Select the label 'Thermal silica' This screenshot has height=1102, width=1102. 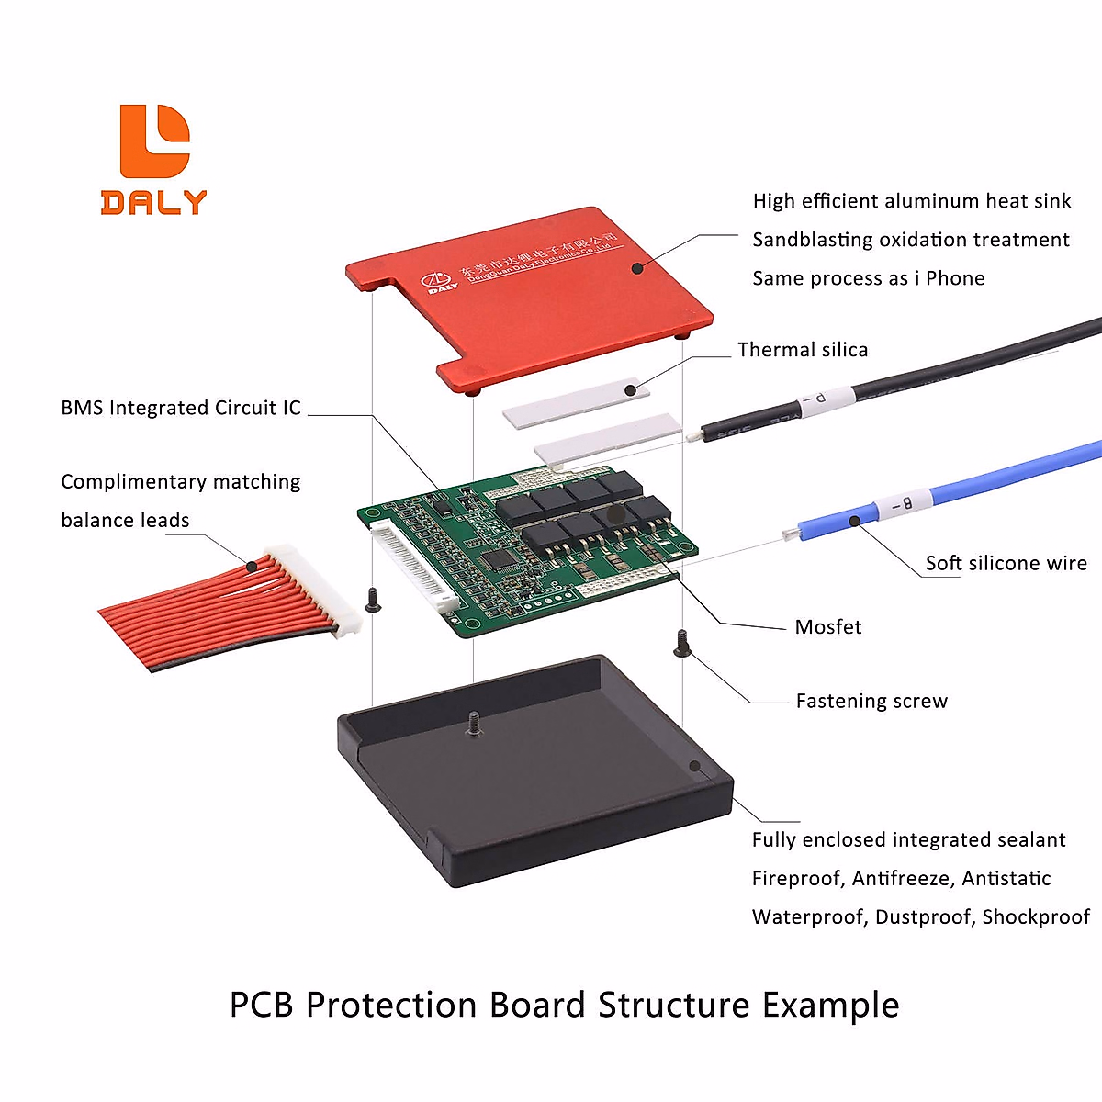802,350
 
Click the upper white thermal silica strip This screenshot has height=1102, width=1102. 576,403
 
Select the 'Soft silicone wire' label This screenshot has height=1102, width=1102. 1006,564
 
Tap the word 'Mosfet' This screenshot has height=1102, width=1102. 827,627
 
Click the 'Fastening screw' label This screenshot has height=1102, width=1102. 871,702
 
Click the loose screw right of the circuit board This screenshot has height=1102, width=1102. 681,643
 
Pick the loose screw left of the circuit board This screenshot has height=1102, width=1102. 373,600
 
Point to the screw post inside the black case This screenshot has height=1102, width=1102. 474,723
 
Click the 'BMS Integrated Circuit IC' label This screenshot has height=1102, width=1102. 181,408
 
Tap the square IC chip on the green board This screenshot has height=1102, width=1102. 499,558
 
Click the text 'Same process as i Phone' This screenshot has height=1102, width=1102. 868,278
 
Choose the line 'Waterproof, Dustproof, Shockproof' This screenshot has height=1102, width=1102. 920,917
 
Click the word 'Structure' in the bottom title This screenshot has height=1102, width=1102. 673,1005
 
